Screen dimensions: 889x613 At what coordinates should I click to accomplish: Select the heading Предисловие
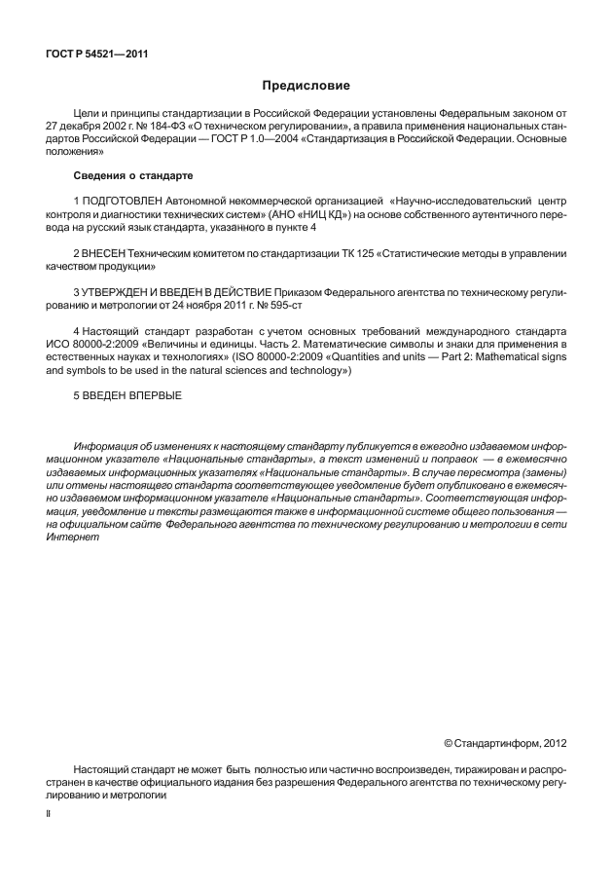click(x=306, y=86)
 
